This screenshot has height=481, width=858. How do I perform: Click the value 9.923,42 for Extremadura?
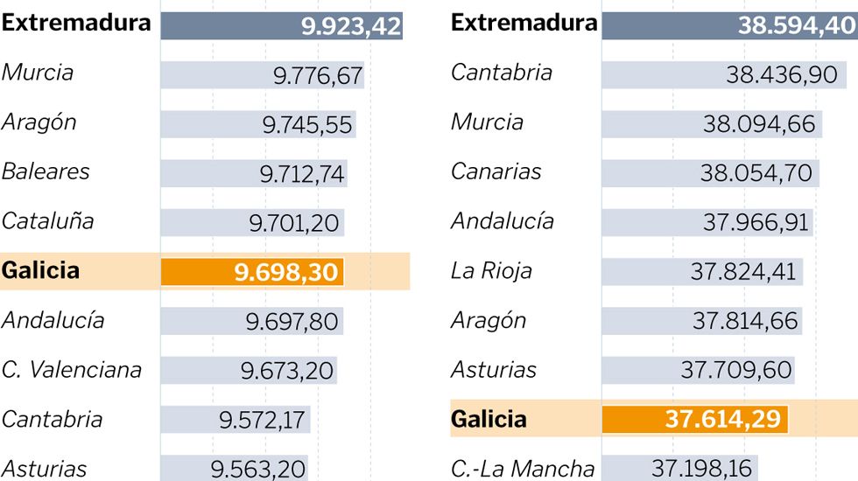(351, 26)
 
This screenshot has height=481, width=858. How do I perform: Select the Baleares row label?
(46, 171)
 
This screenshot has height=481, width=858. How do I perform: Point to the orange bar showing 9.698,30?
(252, 272)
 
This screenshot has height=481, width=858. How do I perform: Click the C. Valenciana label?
(72, 370)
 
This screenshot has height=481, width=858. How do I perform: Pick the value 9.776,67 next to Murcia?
(317, 76)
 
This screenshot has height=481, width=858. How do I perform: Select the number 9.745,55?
(307, 125)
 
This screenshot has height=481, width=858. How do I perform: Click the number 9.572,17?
(262, 420)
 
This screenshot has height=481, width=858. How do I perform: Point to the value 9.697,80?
(292, 322)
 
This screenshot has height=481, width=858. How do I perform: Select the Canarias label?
(496, 171)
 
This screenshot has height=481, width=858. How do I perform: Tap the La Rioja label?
(491, 271)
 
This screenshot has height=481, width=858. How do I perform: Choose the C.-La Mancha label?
(523, 469)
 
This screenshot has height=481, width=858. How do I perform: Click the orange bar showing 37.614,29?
(694, 419)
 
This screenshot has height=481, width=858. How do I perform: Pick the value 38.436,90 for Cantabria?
(782, 75)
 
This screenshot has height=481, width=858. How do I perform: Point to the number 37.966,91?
(756, 222)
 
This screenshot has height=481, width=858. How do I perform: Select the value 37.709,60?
(736, 370)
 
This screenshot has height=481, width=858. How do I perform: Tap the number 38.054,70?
(756, 173)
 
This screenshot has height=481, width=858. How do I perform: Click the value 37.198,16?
(702, 469)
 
